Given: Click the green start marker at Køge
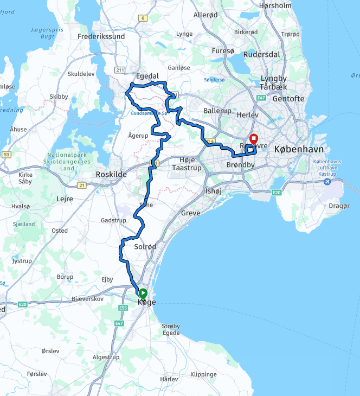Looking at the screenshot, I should point(144,293).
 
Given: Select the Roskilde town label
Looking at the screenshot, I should point(111,174).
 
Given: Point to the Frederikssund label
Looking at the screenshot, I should point(101,37).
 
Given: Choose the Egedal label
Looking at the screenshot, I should point(147,76).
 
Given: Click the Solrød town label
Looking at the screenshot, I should point(145,247).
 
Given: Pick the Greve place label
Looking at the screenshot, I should point(191,213).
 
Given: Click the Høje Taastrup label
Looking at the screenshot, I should point(187,164).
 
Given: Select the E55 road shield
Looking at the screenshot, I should point(123,308).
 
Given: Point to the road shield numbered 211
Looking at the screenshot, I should point(120,69).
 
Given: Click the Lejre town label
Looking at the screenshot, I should point(65,199).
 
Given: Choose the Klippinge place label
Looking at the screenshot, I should point(204,374).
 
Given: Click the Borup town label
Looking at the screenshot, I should point(65,277).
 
